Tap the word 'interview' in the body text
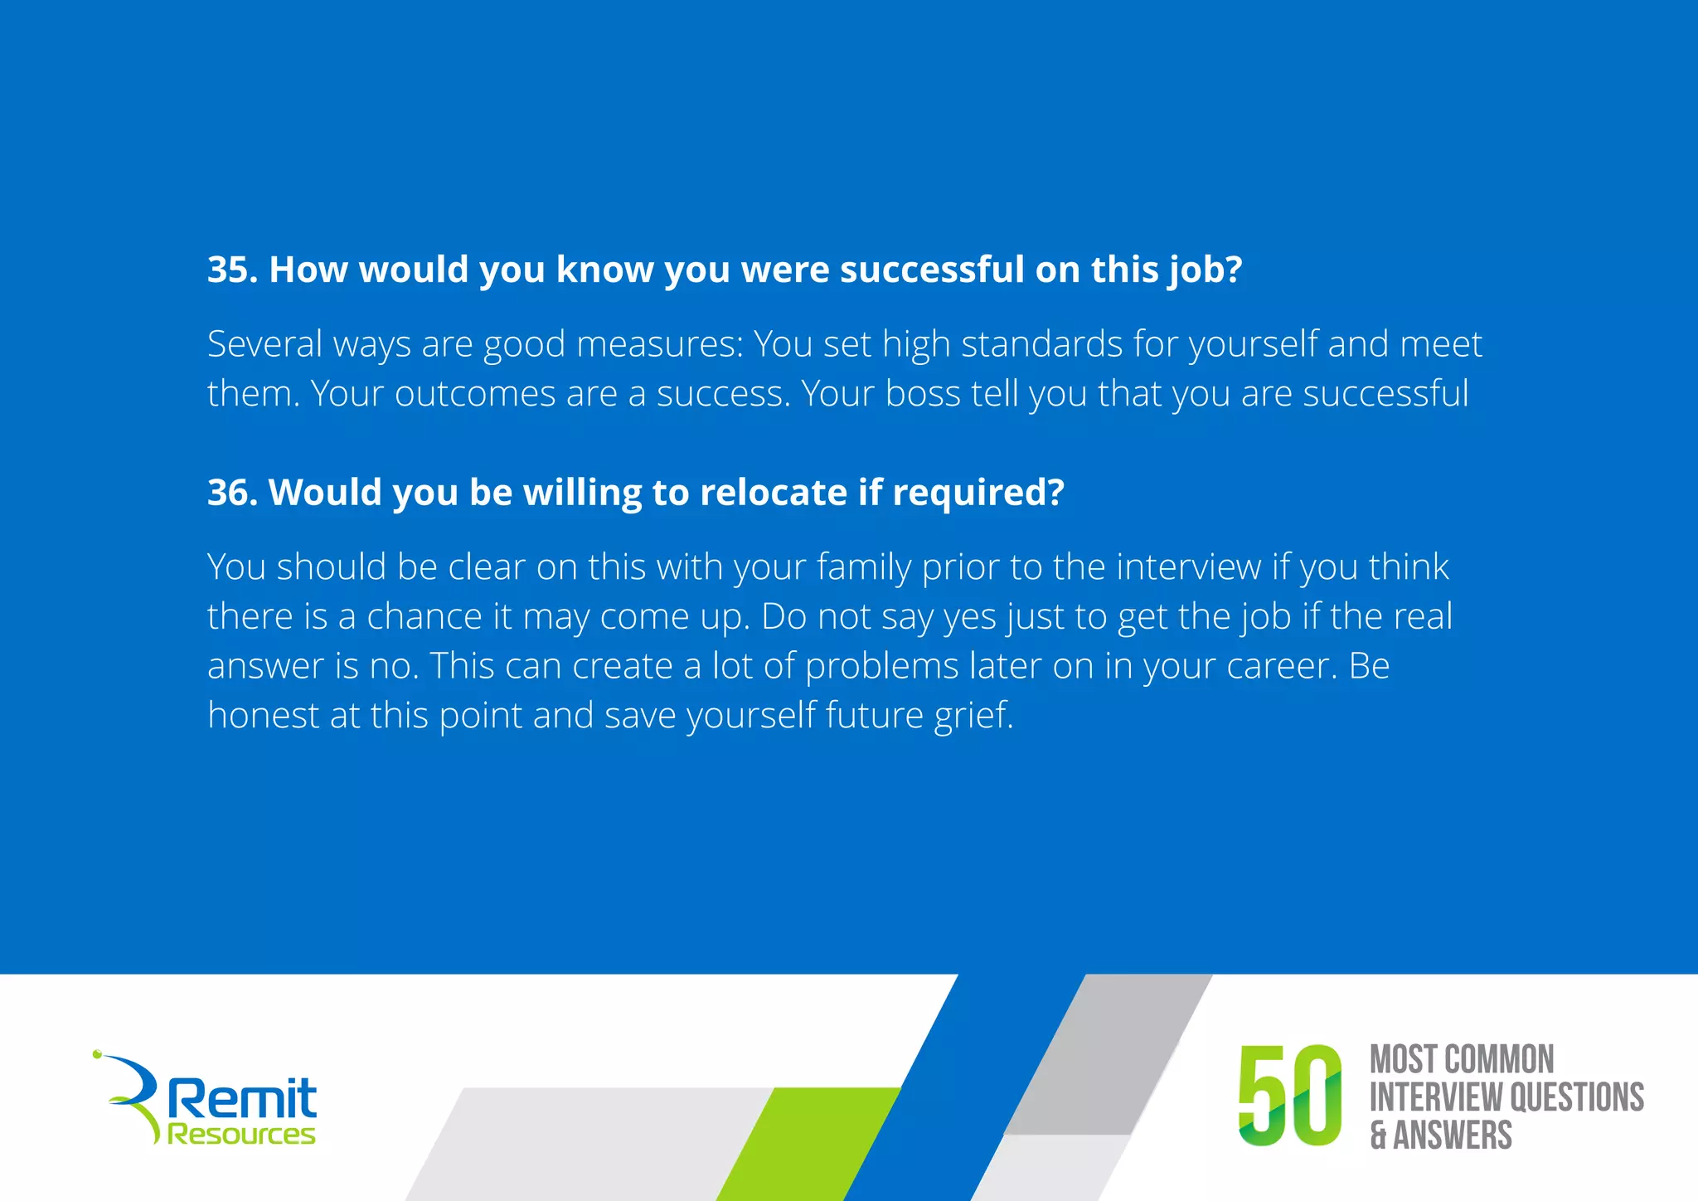coord(1189,567)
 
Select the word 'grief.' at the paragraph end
coord(973,716)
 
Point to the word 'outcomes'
coord(474,394)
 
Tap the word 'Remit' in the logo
coord(242,1099)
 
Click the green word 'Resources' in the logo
coord(241,1134)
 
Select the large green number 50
coord(1289,1096)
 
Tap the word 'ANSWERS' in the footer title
coord(1452,1135)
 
